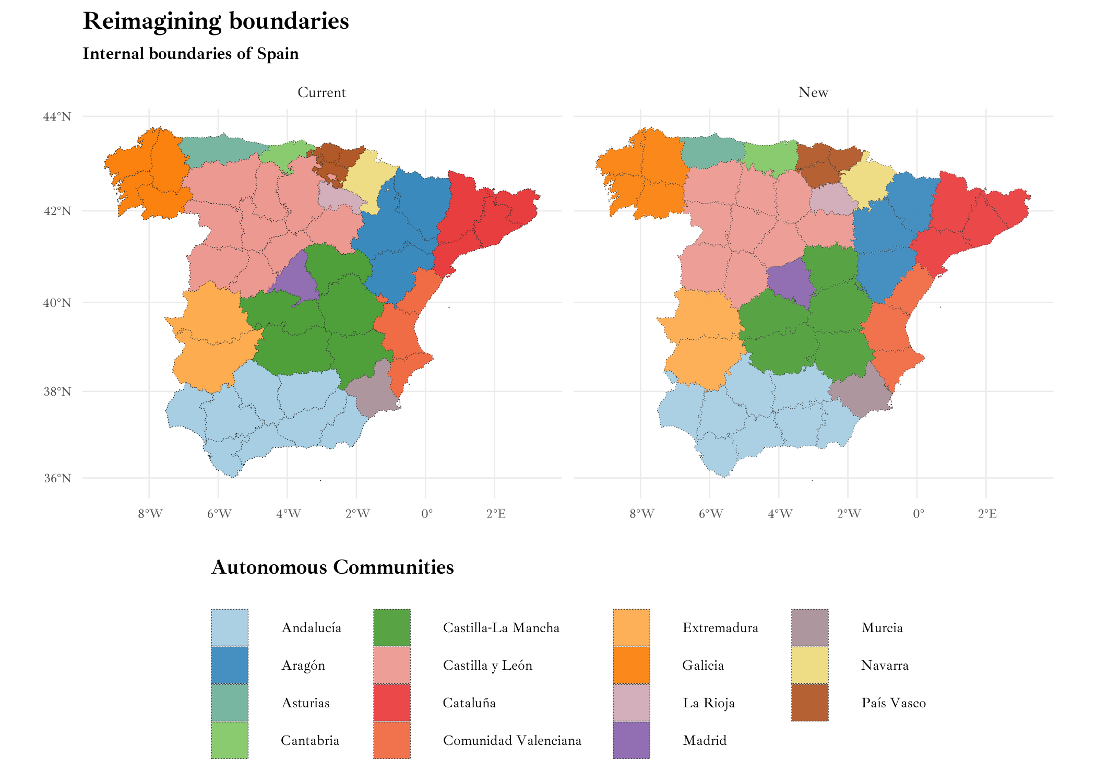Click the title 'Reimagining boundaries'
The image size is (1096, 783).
(216, 21)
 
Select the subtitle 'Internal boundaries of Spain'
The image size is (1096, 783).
(190, 54)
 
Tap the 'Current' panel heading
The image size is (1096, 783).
(321, 92)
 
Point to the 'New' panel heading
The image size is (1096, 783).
(813, 92)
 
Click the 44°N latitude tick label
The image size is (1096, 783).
(57, 116)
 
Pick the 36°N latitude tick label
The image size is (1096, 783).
(57, 478)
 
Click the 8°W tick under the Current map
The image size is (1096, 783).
(150, 514)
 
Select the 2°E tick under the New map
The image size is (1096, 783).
(987, 514)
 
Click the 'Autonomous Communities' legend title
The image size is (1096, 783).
(332, 567)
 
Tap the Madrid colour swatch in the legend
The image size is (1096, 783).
(632, 740)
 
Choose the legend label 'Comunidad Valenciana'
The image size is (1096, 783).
(511, 740)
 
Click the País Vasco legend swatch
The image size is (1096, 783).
(809, 703)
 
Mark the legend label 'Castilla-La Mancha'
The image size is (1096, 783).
(501, 627)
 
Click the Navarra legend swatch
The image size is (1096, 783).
(809, 665)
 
